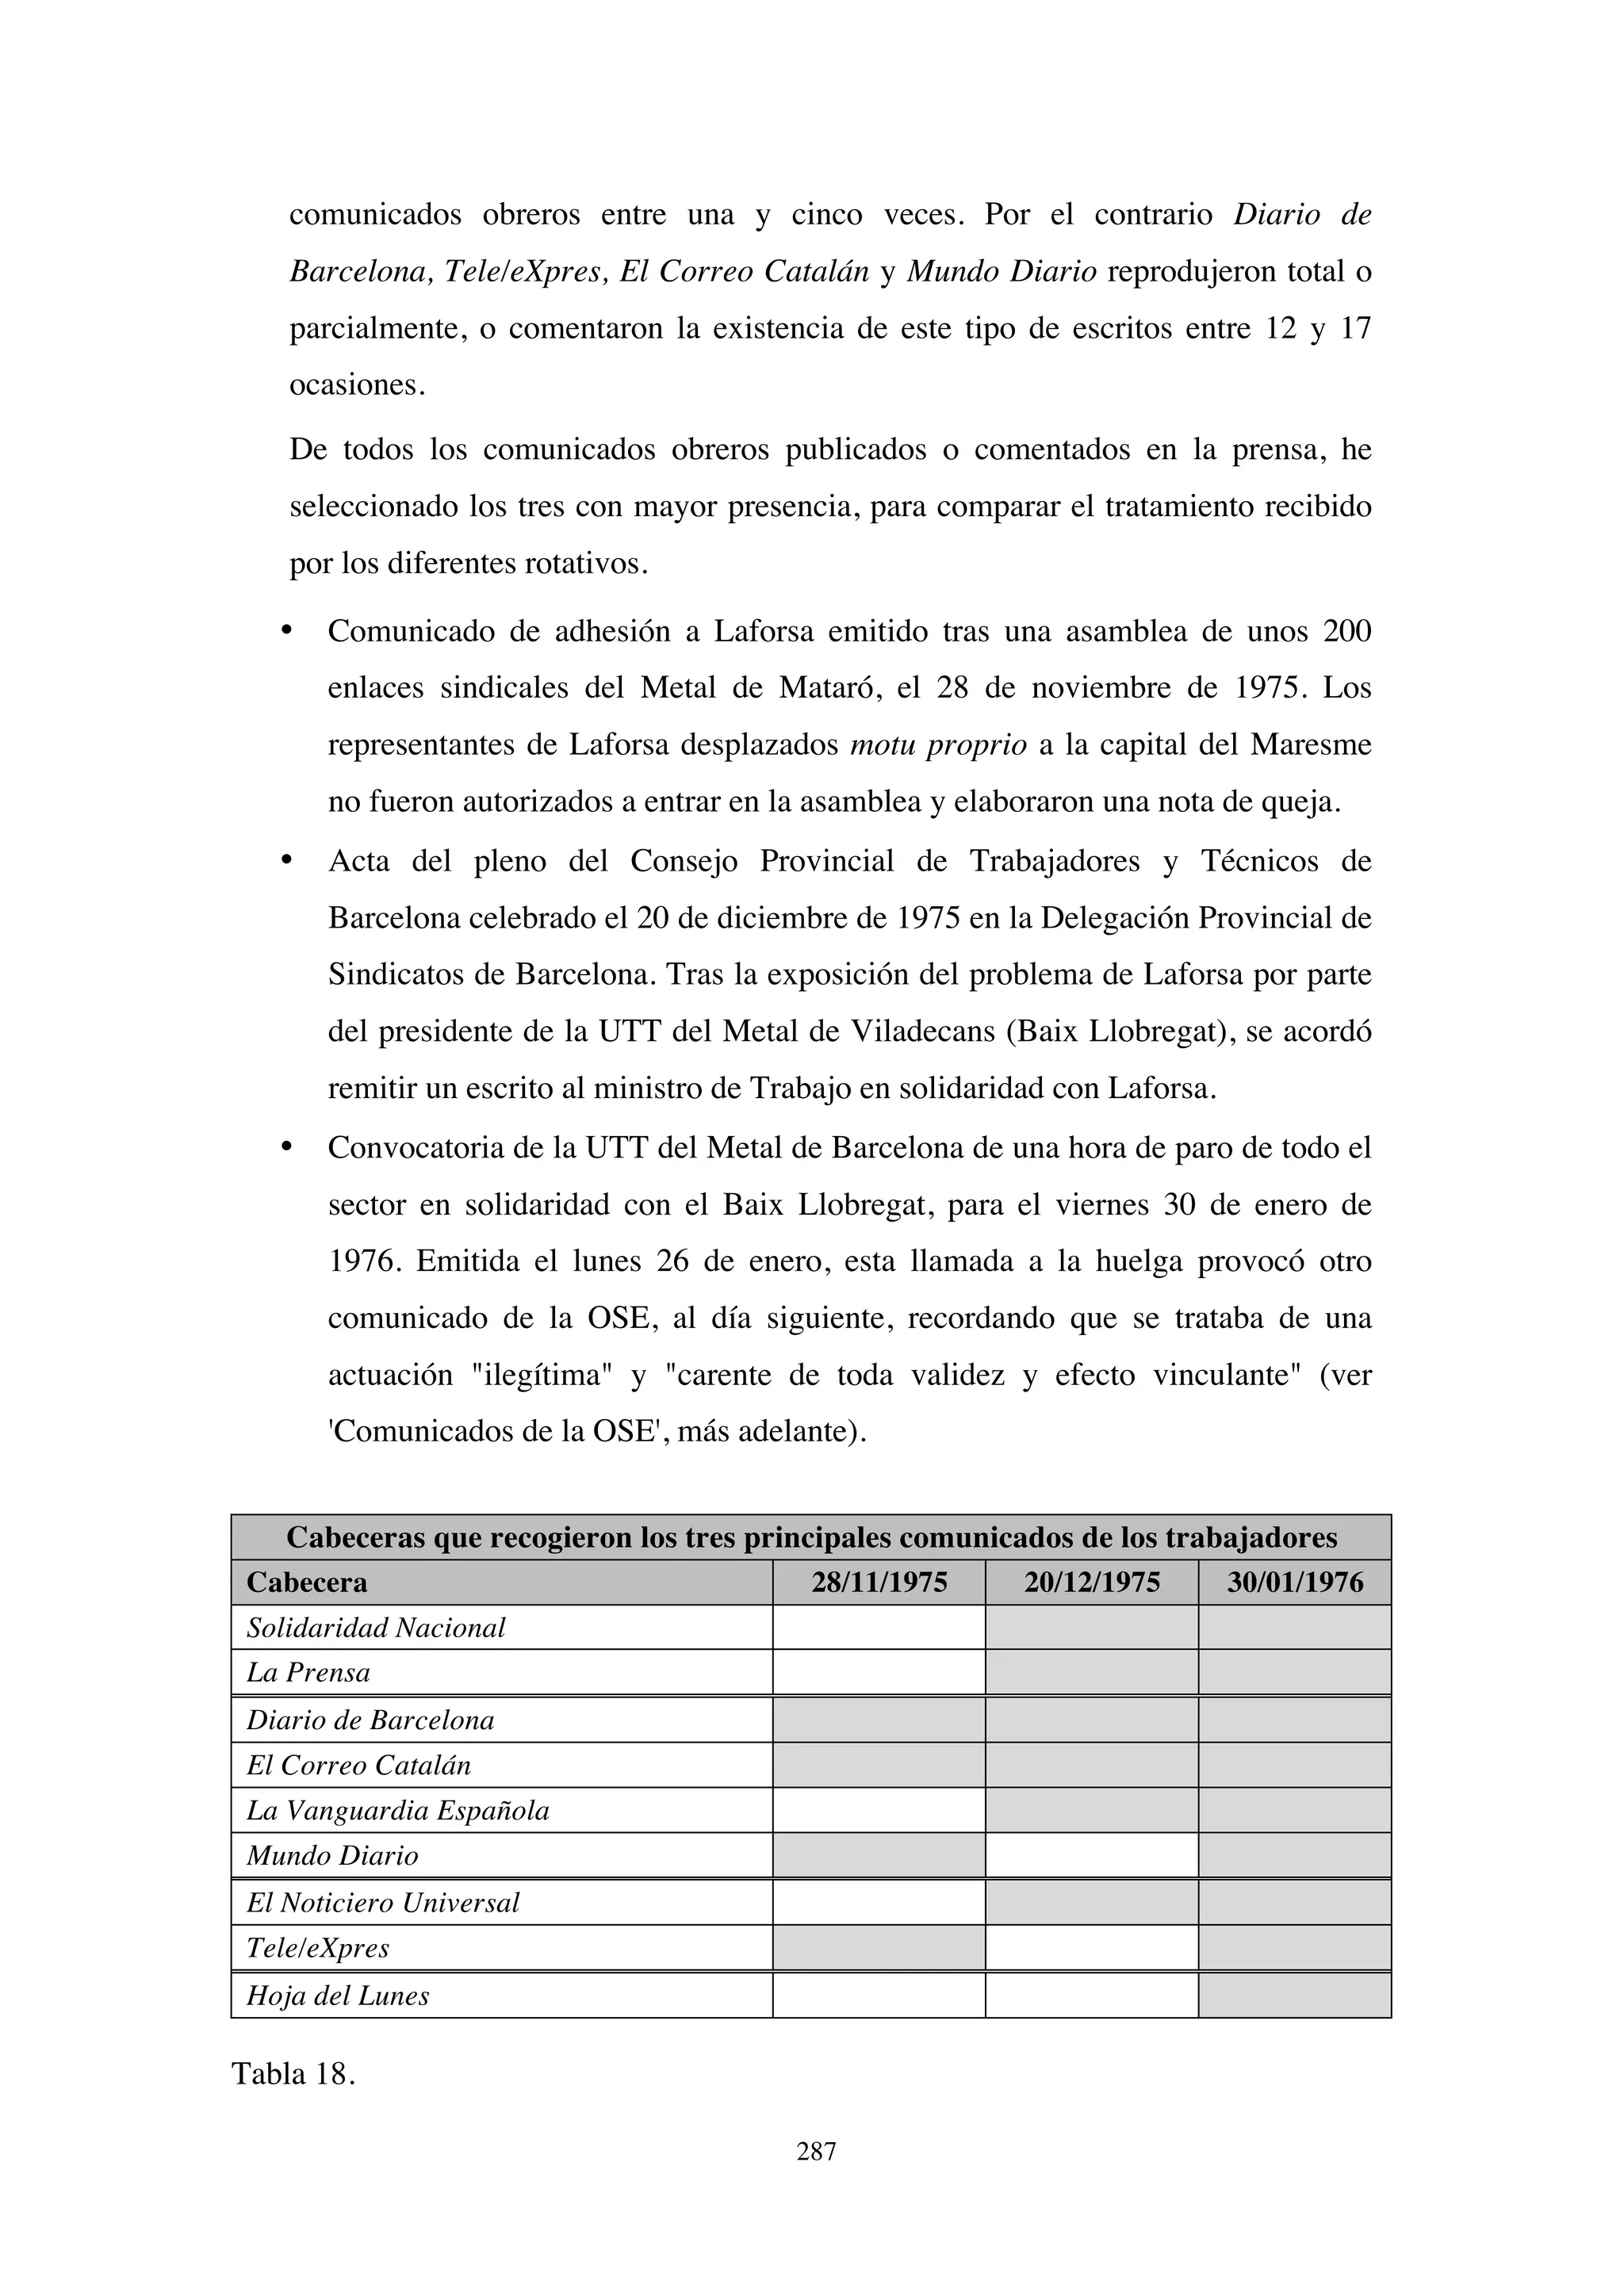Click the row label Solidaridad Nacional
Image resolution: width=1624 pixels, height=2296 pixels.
tap(376, 1628)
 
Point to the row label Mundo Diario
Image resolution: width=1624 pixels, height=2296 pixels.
tap(332, 1855)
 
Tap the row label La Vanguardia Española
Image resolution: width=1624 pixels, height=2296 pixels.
tap(398, 1810)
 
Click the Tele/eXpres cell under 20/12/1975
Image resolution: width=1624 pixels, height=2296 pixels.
tap(1091, 1947)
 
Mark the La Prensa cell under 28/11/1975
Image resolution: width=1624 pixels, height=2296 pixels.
tap(878, 1672)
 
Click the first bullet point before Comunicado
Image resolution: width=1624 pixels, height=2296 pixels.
tap(286, 630)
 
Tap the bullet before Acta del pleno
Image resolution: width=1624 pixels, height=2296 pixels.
tap(286, 860)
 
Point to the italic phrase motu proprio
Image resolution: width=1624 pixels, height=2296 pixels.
tap(938, 745)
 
